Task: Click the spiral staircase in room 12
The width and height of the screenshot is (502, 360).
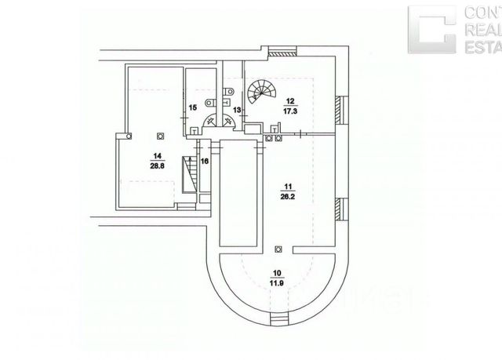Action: click(x=258, y=94)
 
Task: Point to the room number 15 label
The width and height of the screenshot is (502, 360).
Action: click(x=192, y=107)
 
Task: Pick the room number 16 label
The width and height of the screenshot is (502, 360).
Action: click(x=204, y=161)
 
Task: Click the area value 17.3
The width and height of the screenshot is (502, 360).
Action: click(x=290, y=112)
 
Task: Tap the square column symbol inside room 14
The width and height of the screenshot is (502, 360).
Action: click(x=160, y=134)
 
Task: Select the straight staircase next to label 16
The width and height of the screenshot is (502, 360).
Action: click(x=189, y=171)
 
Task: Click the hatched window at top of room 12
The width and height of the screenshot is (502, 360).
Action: click(x=282, y=52)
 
